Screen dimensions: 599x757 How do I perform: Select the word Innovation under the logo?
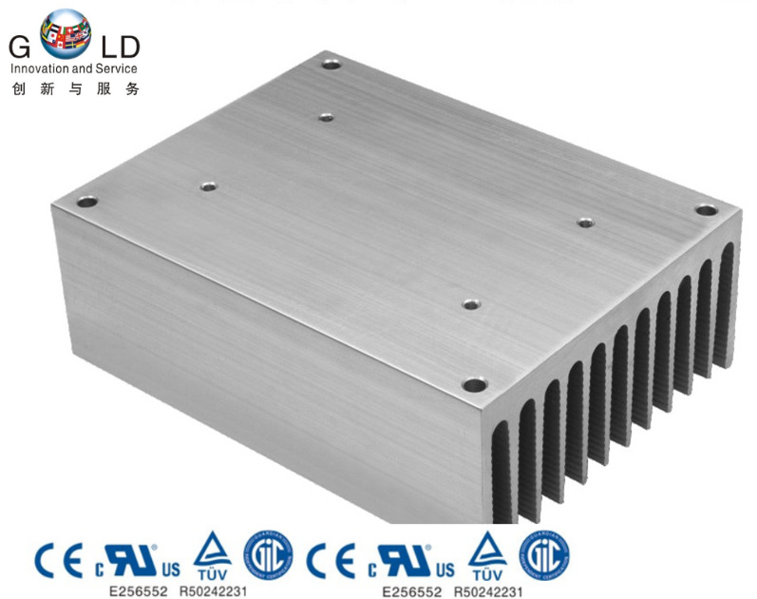pos(41,68)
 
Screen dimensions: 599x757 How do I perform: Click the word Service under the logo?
pos(118,68)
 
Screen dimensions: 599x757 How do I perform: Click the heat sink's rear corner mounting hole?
pos(331,66)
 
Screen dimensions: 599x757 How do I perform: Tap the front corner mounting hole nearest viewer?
pos(472,385)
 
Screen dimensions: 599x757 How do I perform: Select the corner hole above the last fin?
pos(704,209)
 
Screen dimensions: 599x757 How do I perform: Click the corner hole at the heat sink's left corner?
pos(87,202)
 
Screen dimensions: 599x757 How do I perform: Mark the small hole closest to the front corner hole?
pos(469,304)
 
